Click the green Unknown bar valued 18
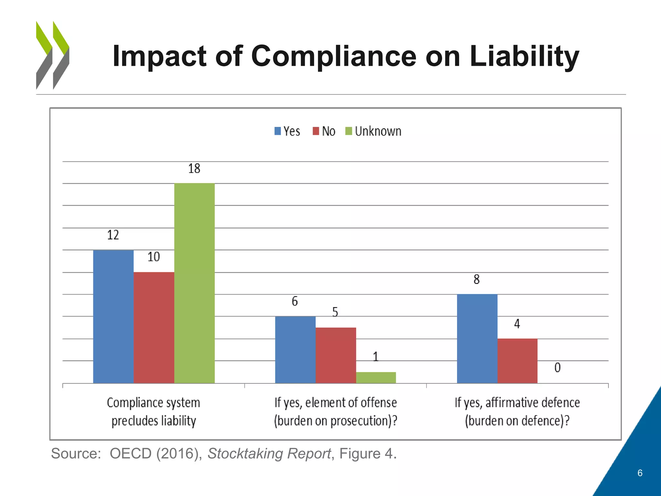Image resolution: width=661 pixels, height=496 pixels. (194, 283)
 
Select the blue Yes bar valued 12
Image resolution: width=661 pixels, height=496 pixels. (113, 316)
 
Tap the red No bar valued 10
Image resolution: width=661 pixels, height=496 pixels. (154, 327)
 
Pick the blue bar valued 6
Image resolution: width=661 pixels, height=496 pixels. (295, 350)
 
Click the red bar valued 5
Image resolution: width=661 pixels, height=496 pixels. (336, 355)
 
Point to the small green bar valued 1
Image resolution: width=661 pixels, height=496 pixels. (376, 377)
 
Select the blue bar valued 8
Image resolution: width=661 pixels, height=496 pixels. (477, 338)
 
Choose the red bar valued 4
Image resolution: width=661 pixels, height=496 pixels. (517, 361)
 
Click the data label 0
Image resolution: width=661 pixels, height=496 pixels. (557, 367)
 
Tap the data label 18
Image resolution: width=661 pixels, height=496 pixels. (194, 169)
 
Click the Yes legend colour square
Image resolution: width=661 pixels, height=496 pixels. (278, 131)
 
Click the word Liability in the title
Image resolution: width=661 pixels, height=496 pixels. (524, 57)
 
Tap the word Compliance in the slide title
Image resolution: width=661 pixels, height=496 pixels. (334, 57)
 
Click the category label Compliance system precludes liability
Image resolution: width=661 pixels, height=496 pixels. (154, 412)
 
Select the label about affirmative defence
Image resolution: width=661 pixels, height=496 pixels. (517, 412)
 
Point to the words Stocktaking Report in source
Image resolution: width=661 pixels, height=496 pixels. (269, 453)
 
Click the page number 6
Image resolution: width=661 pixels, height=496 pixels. (640, 473)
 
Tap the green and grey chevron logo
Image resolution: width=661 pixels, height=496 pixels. (53, 55)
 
